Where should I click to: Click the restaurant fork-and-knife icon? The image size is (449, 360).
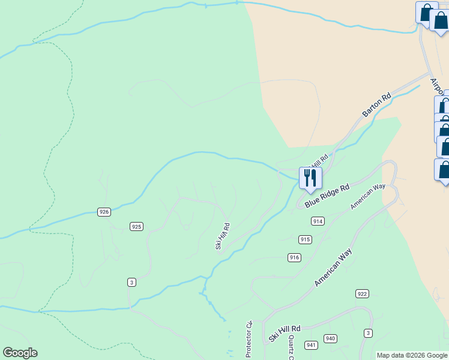[x=310, y=178]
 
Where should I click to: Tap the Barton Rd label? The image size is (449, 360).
[x=377, y=104]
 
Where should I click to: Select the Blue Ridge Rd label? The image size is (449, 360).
[x=327, y=196]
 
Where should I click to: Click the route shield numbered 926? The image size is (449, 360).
[x=104, y=212]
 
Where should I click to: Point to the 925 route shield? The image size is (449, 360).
[x=136, y=226]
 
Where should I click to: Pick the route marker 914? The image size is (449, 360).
[x=318, y=221]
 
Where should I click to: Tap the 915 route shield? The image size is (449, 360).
[x=305, y=239]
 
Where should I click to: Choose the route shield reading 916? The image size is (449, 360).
[x=294, y=257]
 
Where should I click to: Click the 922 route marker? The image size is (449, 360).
[x=362, y=293]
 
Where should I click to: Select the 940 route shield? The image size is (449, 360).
[x=330, y=338]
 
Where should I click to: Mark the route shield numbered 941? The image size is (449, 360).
[x=311, y=345]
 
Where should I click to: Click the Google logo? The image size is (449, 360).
[x=20, y=353]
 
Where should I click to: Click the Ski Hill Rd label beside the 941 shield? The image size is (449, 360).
[x=284, y=334]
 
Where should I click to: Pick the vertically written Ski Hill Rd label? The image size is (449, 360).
[x=223, y=236]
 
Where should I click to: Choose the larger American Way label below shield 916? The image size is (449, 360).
[x=333, y=268]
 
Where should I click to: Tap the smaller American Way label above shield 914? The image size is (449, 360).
[x=367, y=197]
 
